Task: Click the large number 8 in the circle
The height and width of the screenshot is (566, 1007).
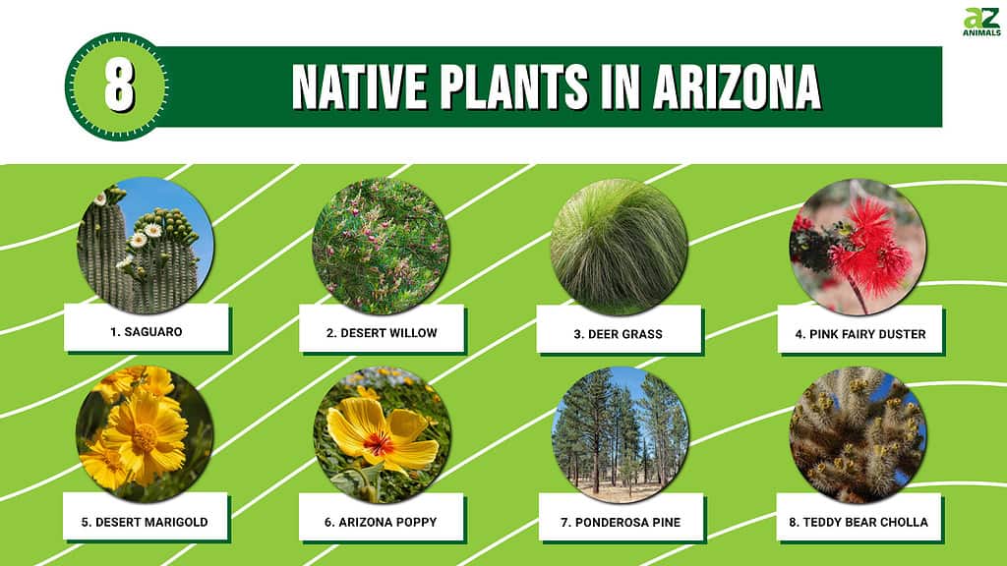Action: [119, 86]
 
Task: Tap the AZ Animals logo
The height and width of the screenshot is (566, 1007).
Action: [982, 22]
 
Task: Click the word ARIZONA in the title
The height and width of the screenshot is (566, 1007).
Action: [738, 86]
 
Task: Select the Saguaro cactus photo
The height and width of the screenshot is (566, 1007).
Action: [146, 246]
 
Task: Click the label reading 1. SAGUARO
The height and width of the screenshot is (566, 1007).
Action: [147, 332]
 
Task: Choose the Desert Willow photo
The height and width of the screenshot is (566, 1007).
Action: [381, 247]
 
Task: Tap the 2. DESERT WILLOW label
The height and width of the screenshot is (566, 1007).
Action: [382, 333]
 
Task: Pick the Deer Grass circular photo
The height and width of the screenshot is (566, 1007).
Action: [620, 247]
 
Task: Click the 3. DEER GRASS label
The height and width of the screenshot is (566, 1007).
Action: [618, 334]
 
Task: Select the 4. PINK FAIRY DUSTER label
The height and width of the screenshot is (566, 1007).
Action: [859, 334]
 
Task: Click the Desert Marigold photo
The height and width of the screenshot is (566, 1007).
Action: [145, 434]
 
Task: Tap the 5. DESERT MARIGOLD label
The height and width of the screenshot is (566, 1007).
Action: [145, 523]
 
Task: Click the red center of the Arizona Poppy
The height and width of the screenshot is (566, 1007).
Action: [379, 444]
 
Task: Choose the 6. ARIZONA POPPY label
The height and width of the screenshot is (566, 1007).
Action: [381, 523]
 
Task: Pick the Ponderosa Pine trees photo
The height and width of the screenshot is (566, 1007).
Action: [620, 435]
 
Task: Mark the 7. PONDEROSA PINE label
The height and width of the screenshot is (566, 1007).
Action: [621, 523]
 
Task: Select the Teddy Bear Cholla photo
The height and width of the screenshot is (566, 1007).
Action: [858, 435]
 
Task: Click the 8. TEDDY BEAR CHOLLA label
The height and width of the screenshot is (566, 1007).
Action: [859, 523]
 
